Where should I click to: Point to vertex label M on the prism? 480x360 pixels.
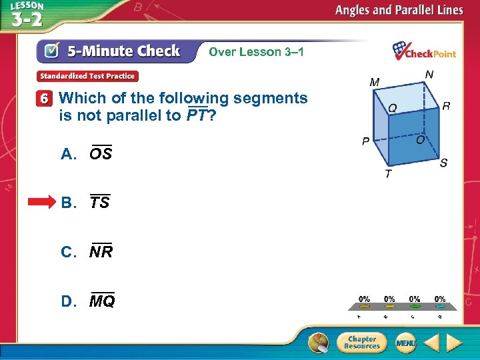[x=375, y=82]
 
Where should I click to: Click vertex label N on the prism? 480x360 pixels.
[x=429, y=74]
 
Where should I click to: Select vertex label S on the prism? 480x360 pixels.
[x=443, y=163]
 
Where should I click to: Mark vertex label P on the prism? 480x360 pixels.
[x=365, y=142]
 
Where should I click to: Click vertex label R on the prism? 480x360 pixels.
[x=445, y=106]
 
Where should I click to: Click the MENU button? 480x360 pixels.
[x=405, y=343]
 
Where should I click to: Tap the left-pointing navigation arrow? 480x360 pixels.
[x=432, y=343]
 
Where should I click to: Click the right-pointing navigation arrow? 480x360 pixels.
[x=455, y=343]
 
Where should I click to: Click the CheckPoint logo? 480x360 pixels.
[x=424, y=51]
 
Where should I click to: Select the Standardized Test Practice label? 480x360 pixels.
[x=87, y=76]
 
